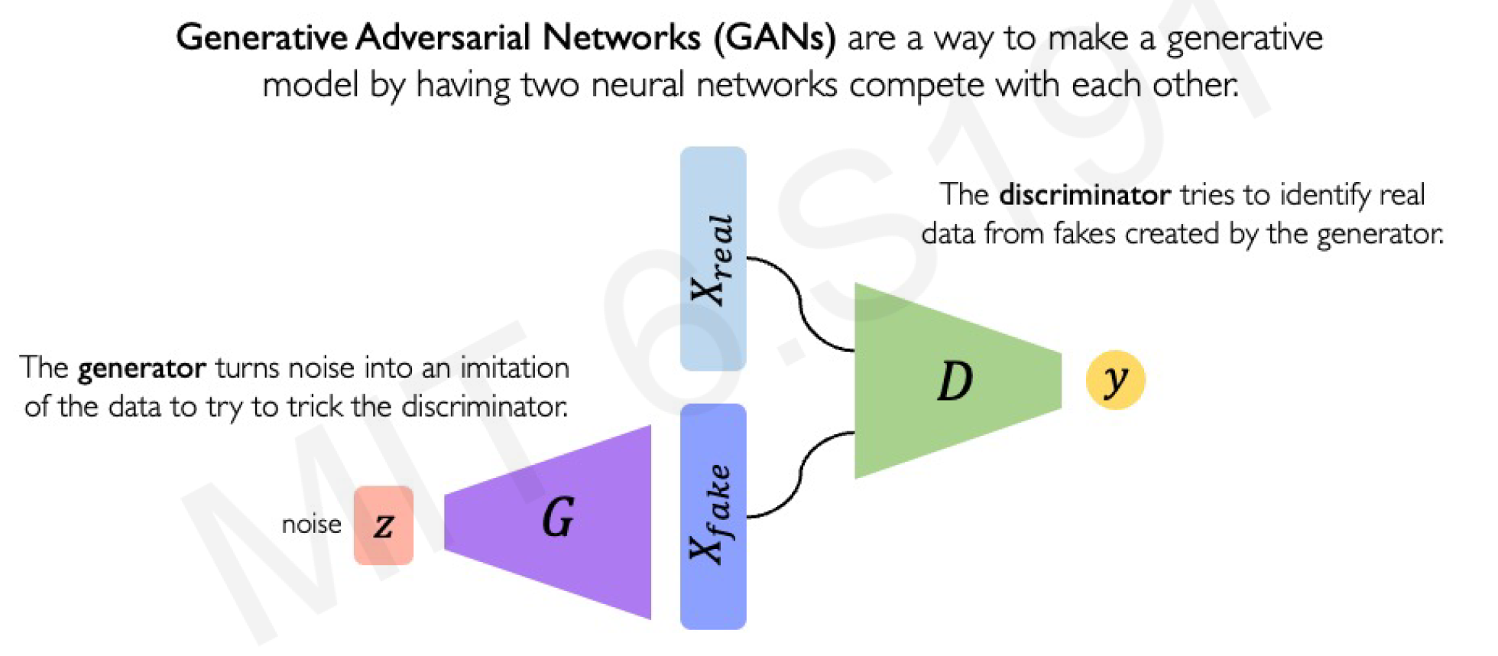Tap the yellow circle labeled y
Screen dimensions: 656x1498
point(1115,380)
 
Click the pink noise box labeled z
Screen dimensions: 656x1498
point(384,525)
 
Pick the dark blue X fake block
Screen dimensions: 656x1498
point(713,516)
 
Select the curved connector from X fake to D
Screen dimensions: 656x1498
point(800,474)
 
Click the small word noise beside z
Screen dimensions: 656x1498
point(311,524)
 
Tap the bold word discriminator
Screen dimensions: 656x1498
point(1085,195)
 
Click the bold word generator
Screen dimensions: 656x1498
point(141,369)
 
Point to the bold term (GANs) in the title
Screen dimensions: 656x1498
point(774,37)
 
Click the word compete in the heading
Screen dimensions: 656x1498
point(916,85)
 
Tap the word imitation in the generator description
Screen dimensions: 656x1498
point(514,368)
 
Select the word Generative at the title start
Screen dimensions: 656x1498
point(261,37)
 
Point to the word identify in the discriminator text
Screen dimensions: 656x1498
point(1325,195)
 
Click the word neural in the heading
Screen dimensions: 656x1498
point(637,85)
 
